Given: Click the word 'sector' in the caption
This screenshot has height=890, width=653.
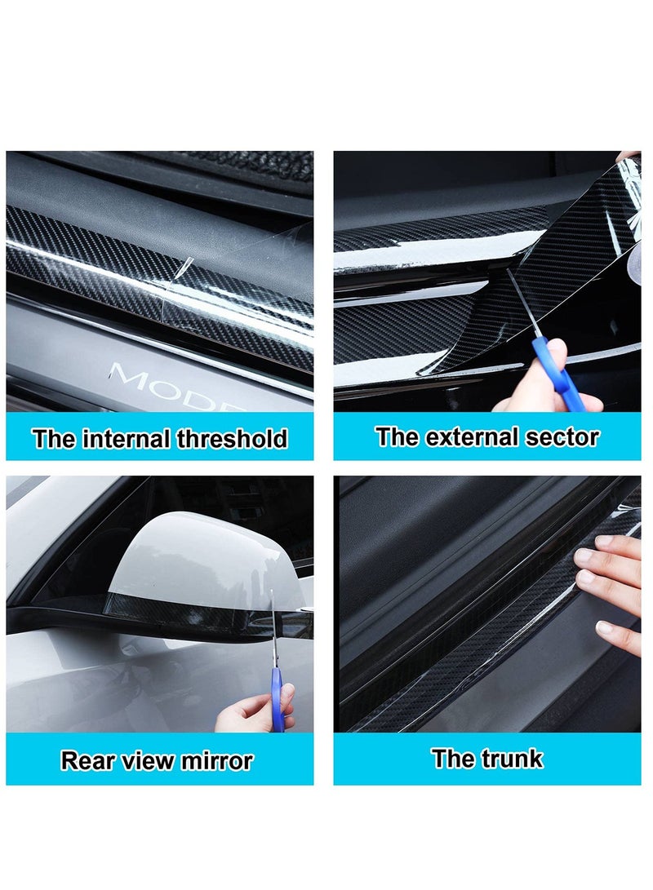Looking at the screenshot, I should click(x=563, y=436).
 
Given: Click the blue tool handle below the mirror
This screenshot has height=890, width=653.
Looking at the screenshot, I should click(x=278, y=706).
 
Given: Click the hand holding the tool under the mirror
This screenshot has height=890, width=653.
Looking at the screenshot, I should click(x=245, y=714).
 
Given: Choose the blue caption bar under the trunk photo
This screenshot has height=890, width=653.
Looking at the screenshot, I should click(x=486, y=759).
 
